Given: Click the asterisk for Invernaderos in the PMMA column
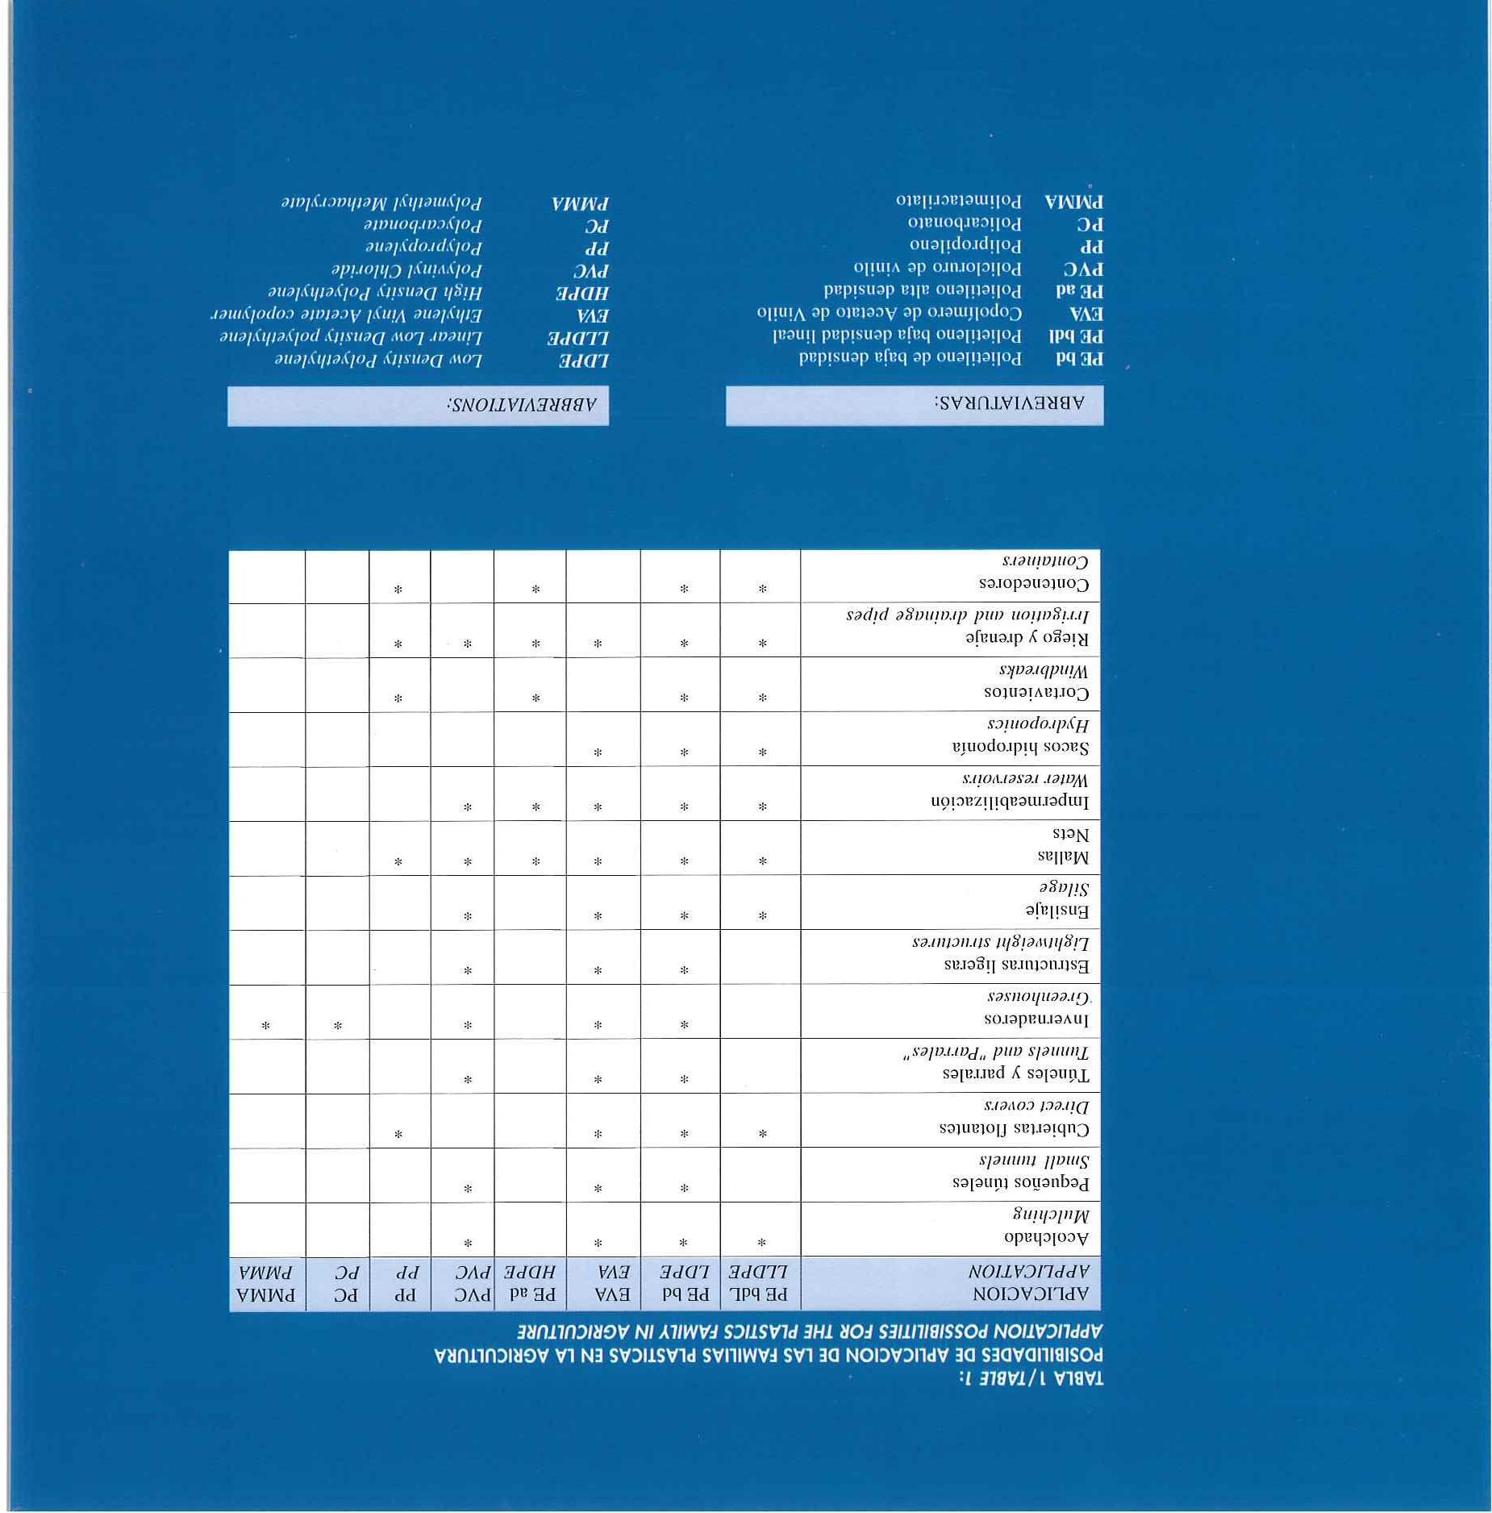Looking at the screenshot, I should coord(265,1026).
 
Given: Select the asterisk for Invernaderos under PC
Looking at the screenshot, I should coord(338,1026).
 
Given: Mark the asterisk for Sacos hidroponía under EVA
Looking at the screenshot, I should coord(598,752).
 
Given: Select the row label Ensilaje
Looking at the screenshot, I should coord(1057,911).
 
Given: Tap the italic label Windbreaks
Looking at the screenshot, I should coord(1044,671).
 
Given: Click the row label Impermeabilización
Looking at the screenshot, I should coord(1009,802).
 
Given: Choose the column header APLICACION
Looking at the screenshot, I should coord(1031,1294).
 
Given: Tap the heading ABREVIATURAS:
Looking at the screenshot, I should coord(1009,402).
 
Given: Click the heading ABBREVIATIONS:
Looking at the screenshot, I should coord(522,404).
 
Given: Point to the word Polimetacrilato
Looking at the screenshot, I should coord(958,200).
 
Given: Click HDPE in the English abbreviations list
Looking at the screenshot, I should coord(581,293).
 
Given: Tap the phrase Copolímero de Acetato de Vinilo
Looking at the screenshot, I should coord(889,313).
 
